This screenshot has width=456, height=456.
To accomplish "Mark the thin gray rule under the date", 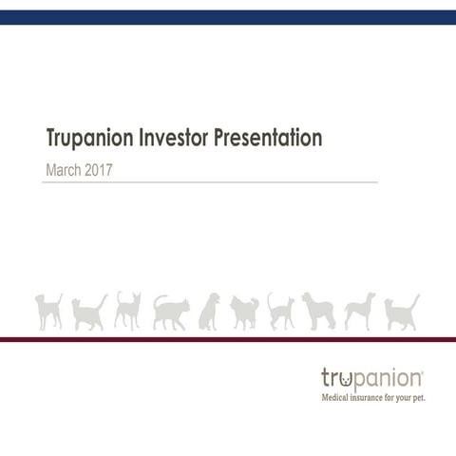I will (209, 181).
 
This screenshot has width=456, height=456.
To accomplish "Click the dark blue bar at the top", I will (228, 16).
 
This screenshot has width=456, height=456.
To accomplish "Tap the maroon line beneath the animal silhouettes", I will (228, 338).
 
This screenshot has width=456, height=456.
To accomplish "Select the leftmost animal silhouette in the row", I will (48, 311).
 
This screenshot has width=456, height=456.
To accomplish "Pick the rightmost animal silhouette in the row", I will (402, 312).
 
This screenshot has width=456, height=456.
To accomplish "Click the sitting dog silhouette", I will (209, 312).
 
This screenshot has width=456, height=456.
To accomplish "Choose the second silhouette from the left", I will (89, 313).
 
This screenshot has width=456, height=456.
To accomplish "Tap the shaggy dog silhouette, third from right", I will (318, 311).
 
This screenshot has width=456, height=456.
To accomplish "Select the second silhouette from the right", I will (358, 311).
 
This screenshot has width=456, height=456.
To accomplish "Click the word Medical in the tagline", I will (339, 397).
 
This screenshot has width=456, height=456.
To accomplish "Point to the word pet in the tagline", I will (418, 398).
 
